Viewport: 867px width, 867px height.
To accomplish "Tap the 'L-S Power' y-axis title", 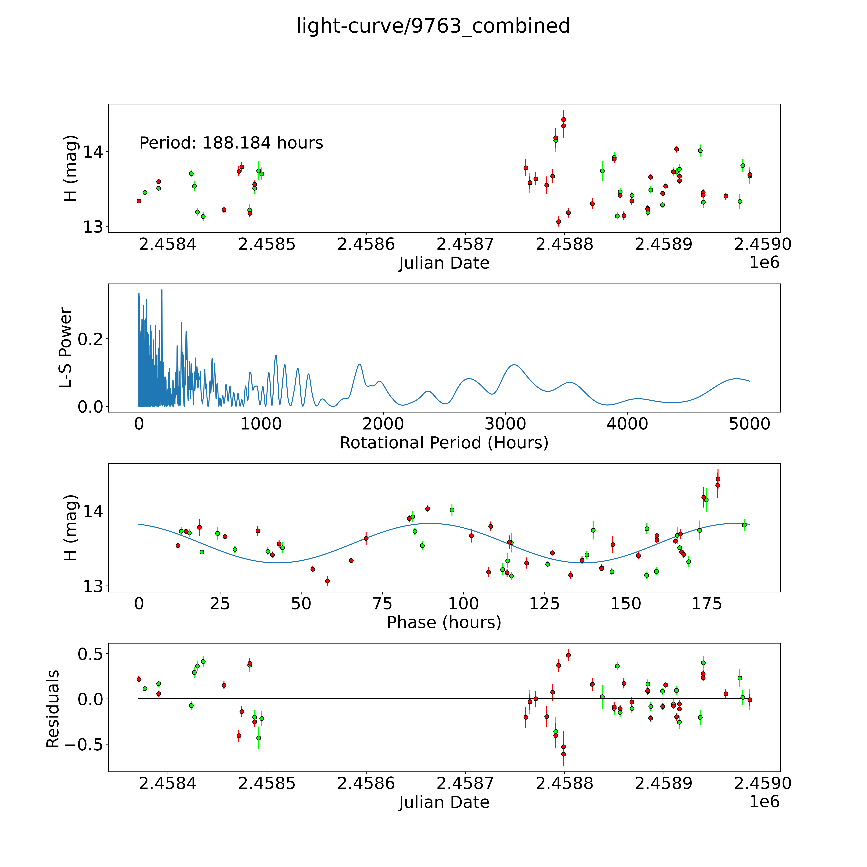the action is click(x=66, y=348).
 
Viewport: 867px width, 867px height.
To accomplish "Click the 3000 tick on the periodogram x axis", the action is click(x=505, y=424).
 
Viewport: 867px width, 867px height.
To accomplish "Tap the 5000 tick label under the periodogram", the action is click(x=749, y=424).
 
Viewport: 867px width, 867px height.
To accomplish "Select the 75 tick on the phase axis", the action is click(x=382, y=604).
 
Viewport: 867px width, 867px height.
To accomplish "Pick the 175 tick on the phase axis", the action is click(x=707, y=604).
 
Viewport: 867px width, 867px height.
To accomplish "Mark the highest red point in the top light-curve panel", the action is click(x=564, y=119).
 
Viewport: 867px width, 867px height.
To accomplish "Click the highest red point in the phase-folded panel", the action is click(x=718, y=479).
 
